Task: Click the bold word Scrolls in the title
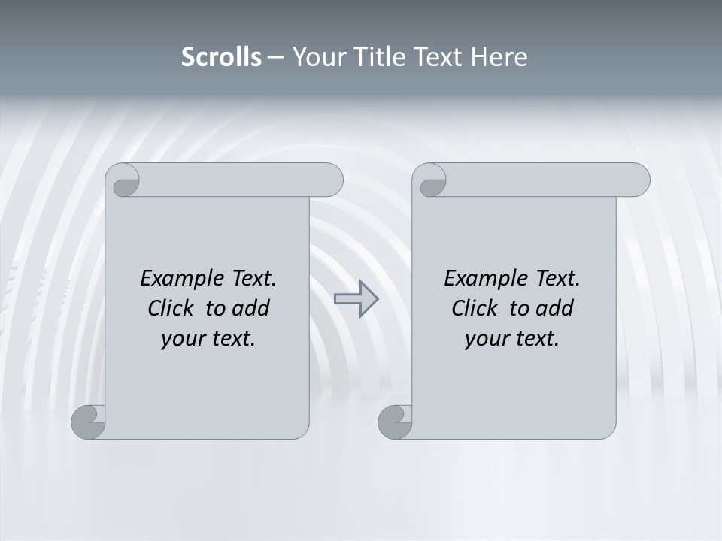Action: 221,57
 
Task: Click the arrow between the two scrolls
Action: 356,298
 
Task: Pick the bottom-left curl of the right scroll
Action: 395,422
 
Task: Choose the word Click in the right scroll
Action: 474,308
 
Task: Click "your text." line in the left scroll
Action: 208,338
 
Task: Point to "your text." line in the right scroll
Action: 512,338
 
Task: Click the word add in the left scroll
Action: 251,308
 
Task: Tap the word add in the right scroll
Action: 555,308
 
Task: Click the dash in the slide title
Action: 275,57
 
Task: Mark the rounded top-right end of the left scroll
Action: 331,180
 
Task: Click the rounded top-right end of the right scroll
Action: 638,180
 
